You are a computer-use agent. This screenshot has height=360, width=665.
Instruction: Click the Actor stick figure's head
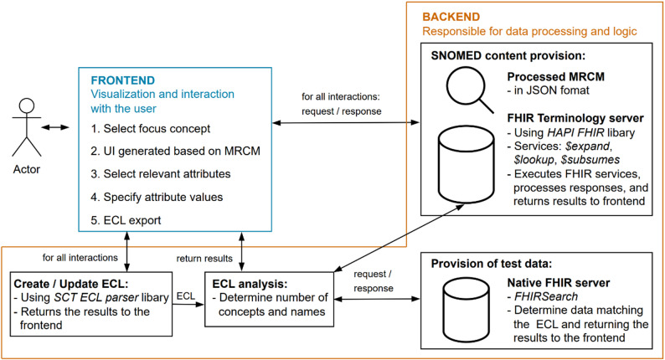(27, 105)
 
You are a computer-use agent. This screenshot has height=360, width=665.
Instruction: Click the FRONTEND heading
(123, 80)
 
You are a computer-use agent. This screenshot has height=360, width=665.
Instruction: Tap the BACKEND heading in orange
(451, 17)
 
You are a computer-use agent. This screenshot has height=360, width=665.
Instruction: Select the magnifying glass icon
(470, 90)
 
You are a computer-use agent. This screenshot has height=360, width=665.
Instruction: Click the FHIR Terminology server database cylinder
(467, 164)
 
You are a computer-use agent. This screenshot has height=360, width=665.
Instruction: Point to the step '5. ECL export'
(126, 220)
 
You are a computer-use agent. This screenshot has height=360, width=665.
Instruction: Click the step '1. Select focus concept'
(151, 129)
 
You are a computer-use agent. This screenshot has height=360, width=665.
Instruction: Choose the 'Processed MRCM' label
(555, 77)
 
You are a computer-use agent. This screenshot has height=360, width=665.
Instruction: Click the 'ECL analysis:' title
(250, 284)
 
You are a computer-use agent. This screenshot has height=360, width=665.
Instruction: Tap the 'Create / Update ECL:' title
(71, 284)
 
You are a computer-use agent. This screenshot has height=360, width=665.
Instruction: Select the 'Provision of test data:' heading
(492, 264)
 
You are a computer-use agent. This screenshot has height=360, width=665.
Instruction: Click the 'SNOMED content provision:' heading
(508, 56)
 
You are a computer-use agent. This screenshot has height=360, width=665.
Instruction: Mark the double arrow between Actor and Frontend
(55, 127)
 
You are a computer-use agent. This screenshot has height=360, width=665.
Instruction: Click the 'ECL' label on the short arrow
(185, 296)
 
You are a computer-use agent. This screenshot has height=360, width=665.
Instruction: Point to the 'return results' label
(204, 259)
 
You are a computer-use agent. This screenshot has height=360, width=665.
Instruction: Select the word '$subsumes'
(590, 160)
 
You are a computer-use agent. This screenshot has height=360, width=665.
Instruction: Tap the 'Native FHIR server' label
(559, 283)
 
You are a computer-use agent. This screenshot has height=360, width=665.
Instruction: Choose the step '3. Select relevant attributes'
(161, 174)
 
